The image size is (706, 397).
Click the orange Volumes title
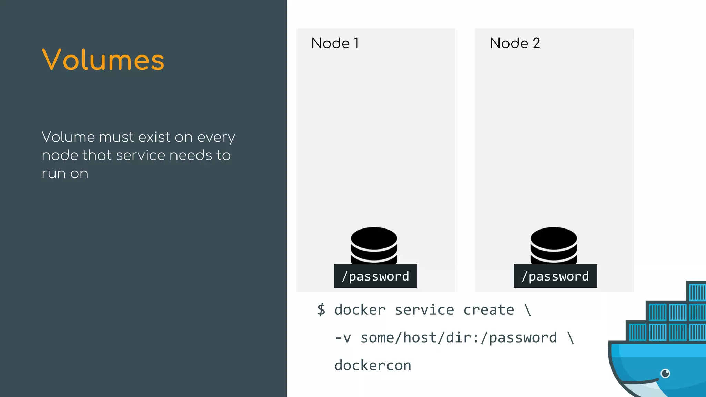pos(103,60)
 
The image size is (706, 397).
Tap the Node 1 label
pos(335,43)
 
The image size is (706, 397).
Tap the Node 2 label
pos(515,43)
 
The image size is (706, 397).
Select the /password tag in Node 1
pos(375,276)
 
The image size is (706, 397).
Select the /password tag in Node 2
pos(555,276)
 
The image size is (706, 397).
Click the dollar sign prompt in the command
pos(321,309)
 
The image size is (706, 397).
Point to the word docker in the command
pos(360,310)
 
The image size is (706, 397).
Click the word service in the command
pos(424,310)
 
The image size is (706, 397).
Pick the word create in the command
pos(488,310)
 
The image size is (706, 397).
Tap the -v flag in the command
pos(343,338)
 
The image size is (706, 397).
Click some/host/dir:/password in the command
pos(458,338)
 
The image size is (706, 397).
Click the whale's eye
pos(665,373)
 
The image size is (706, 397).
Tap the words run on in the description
pos(65,174)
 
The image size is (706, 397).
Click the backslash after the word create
pos(528,310)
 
